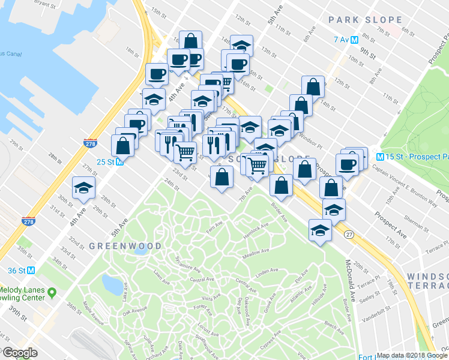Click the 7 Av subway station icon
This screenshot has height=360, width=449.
pyautogui.click(x=355, y=40)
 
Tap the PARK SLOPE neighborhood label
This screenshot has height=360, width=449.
pyautogui.click(x=365, y=20)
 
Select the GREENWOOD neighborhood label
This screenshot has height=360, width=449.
pyautogui.click(x=125, y=246)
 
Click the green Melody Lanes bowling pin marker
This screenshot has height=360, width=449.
pyautogui.click(x=52, y=293)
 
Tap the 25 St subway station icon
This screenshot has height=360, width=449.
pyautogui.click(x=119, y=161)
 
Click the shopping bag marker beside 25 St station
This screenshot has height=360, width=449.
pyautogui.click(x=122, y=146)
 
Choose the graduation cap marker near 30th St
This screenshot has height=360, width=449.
pyautogui.click(x=83, y=187)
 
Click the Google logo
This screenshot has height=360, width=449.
pyautogui.click(x=20, y=352)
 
